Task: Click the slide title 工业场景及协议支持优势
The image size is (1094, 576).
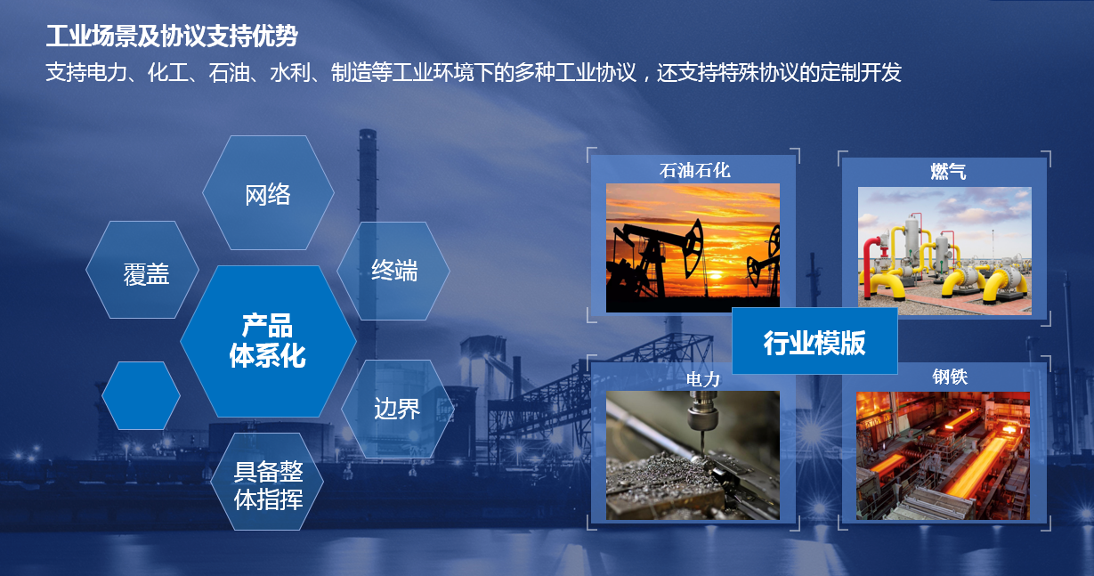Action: [172, 37]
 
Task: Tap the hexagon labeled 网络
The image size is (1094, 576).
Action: [268, 192]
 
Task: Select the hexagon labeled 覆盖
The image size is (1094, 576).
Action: [142, 270]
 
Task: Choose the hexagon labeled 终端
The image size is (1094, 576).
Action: [393, 271]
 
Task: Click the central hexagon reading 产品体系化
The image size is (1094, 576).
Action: [268, 341]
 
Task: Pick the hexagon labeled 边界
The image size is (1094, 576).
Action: [397, 409]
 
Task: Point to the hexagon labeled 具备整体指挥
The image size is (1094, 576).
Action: [267, 482]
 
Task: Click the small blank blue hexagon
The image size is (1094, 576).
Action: [142, 396]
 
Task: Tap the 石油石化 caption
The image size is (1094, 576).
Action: [694, 171]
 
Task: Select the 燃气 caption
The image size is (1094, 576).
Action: [948, 172]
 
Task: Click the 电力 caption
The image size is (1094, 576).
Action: [703, 379]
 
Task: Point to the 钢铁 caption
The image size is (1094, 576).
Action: [950, 377]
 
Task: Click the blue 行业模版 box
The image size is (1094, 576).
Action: [814, 341]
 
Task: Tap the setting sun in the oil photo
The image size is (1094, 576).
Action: [717, 276]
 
